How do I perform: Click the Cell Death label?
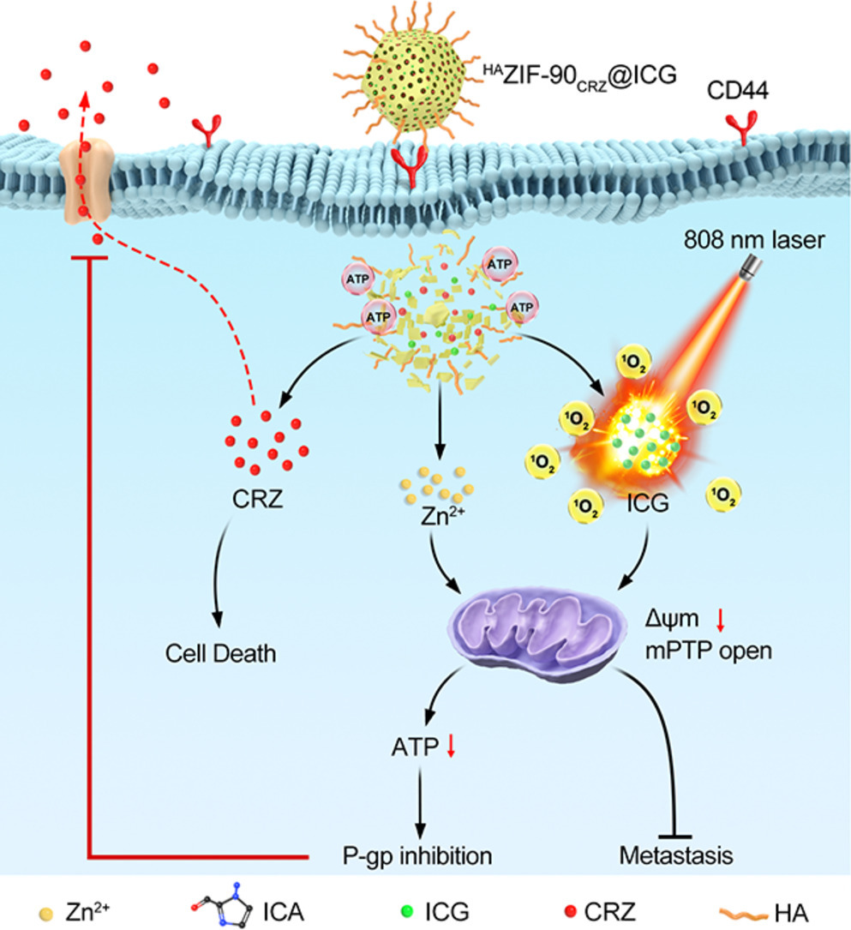pyautogui.click(x=220, y=654)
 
